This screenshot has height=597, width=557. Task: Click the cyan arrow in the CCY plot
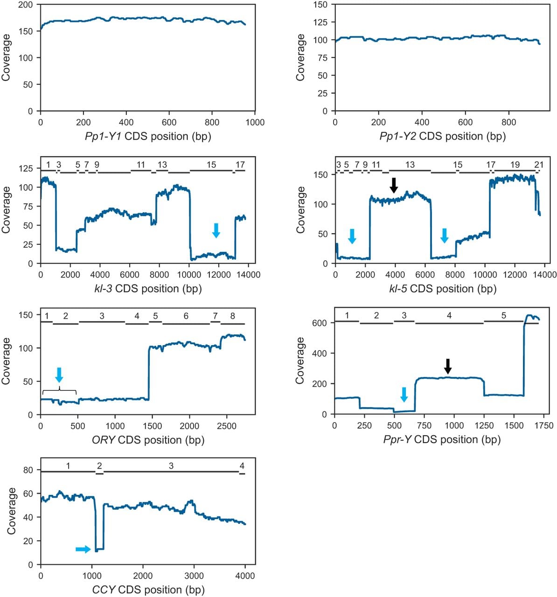click(x=83, y=549)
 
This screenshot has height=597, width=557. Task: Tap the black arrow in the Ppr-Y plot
click(x=448, y=367)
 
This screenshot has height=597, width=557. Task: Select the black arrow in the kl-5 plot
click(x=394, y=186)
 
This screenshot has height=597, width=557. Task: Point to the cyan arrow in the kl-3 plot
click(x=216, y=230)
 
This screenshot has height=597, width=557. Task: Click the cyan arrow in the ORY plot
click(x=59, y=375)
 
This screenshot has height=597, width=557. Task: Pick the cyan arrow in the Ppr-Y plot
click(x=404, y=395)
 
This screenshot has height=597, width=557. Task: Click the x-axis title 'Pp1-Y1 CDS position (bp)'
click(x=148, y=137)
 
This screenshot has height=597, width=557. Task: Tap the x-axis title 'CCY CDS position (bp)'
click(x=148, y=590)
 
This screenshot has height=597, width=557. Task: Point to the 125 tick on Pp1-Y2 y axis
click(x=320, y=22)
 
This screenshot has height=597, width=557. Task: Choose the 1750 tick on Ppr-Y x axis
click(x=543, y=425)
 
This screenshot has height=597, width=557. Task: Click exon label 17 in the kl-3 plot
click(x=240, y=165)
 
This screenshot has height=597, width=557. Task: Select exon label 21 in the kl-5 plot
click(x=539, y=165)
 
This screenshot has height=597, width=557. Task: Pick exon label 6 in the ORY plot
click(x=186, y=316)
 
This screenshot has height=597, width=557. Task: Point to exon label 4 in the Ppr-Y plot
click(x=449, y=315)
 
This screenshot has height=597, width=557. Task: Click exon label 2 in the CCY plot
click(x=99, y=466)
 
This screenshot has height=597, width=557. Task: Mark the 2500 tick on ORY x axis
click(x=227, y=426)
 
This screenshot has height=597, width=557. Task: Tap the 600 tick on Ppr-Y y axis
click(x=320, y=323)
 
